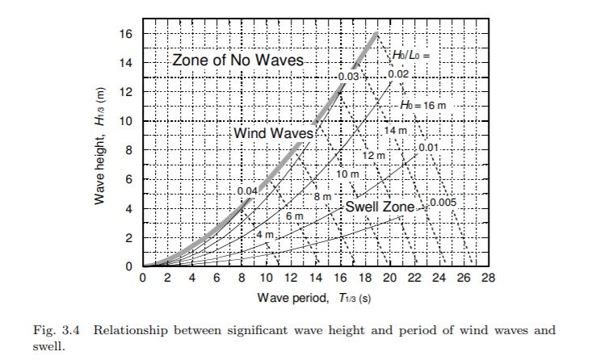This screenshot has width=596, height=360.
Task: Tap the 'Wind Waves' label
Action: point(267,132)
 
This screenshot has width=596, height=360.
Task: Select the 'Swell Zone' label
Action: point(380,207)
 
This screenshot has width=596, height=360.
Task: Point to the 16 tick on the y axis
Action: point(128,34)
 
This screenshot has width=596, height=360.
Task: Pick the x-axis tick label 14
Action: point(316,279)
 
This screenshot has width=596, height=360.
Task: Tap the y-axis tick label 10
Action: point(128,121)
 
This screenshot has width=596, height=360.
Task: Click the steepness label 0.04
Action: point(247,190)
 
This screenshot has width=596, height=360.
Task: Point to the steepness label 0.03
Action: point(349,76)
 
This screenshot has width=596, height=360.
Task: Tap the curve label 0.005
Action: point(443,202)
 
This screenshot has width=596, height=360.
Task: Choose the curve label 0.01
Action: point(428,148)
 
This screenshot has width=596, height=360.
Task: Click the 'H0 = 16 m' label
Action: point(422,105)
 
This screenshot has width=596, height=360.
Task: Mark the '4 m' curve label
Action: point(266,234)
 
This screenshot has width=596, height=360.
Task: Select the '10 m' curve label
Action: point(347,174)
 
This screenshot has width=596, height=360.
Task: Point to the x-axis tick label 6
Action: point(217,279)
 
